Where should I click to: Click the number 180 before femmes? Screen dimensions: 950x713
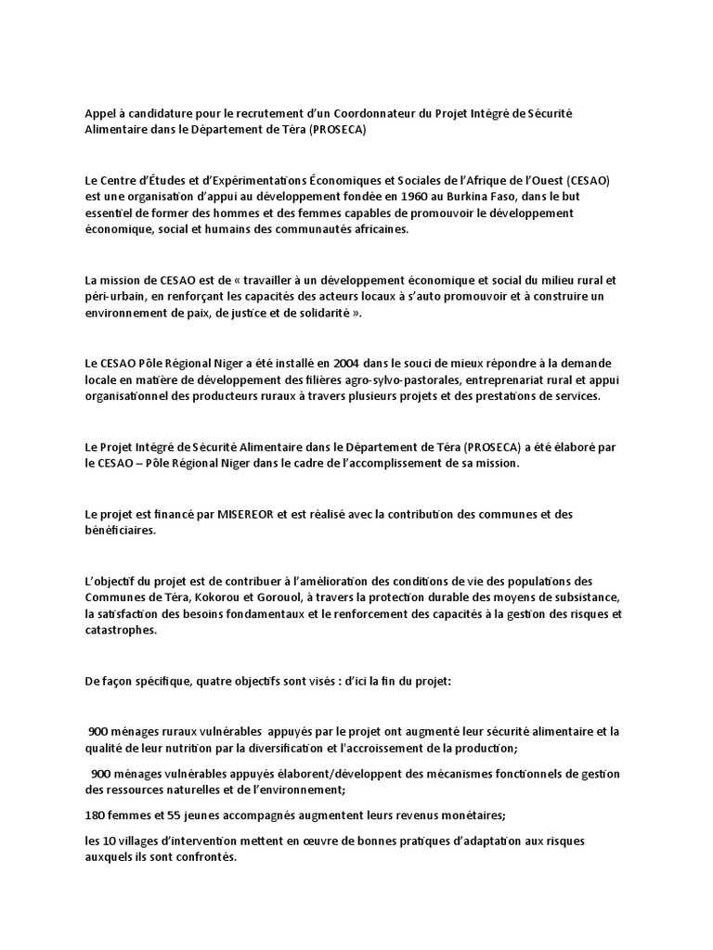tap(95, 816)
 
